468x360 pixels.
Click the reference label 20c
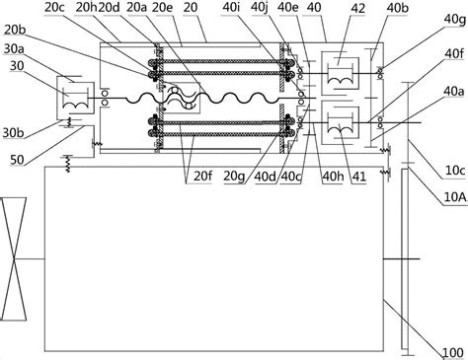click(x=55, y=8)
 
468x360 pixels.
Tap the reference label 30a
click(x=15, y=49)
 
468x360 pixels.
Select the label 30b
click(x=14, y=133)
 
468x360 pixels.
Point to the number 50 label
click(x=17, y=160)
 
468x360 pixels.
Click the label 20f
click(x=202, y=176)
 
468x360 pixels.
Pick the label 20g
click(x=234, y=177)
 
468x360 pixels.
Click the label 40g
click(x=455, y=21)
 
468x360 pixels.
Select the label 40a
click(x=454, y=92)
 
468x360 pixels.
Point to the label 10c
click(x=455, y=171)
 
